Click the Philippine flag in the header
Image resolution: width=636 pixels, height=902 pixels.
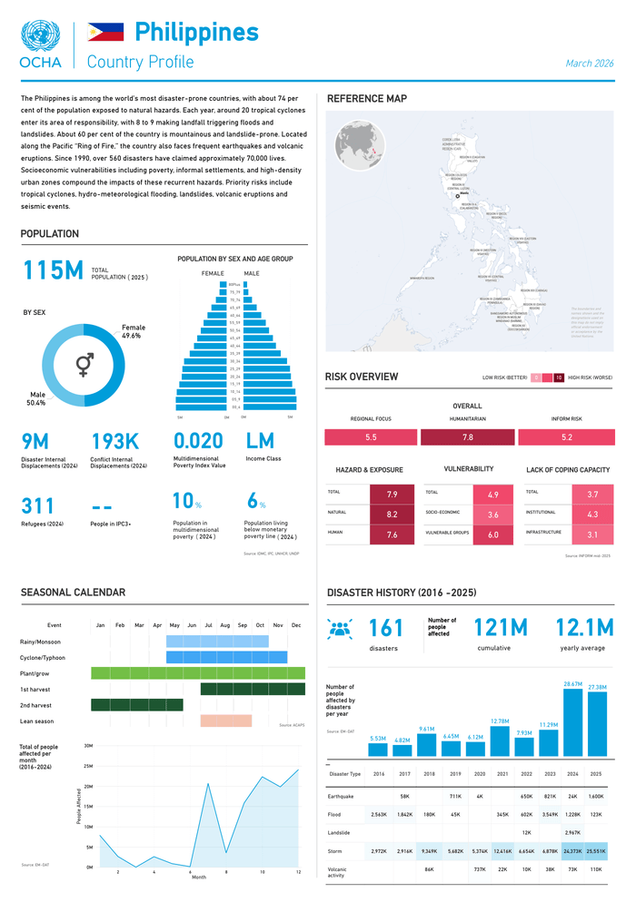tap(105, 33)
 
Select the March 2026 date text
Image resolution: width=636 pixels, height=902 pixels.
tap(589, 64)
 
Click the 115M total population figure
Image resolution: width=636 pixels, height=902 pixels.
tap(53, 271)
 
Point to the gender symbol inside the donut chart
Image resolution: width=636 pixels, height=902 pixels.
tap(84, 365)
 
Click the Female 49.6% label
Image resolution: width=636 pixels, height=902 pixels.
tap(132, 332)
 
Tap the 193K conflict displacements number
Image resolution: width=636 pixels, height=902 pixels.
tap(115, 442)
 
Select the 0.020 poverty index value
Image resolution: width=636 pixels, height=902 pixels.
tap(198, 442)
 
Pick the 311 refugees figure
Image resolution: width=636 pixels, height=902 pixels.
tap(38, 506)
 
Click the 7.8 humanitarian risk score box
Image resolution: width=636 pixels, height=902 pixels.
tap(467, 437)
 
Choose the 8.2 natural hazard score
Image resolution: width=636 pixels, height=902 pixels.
tap(392, 515)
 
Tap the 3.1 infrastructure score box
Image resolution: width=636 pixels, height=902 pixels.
tap(591, 534)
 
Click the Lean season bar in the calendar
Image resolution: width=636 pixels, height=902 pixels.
tap(225, 721)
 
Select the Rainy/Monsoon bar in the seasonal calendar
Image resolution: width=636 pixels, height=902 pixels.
tap(217, 642)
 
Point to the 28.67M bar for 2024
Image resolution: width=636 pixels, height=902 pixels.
tap(572, 722)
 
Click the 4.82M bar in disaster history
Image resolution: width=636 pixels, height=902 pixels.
tap(402, 750)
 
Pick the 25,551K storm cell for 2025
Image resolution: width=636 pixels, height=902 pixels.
tap(595, 851)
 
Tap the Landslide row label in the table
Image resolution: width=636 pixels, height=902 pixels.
tap(341, 832)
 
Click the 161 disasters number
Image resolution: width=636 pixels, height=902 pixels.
tap(386, 628)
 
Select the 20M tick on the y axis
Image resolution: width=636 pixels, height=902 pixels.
tap(88, 786)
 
